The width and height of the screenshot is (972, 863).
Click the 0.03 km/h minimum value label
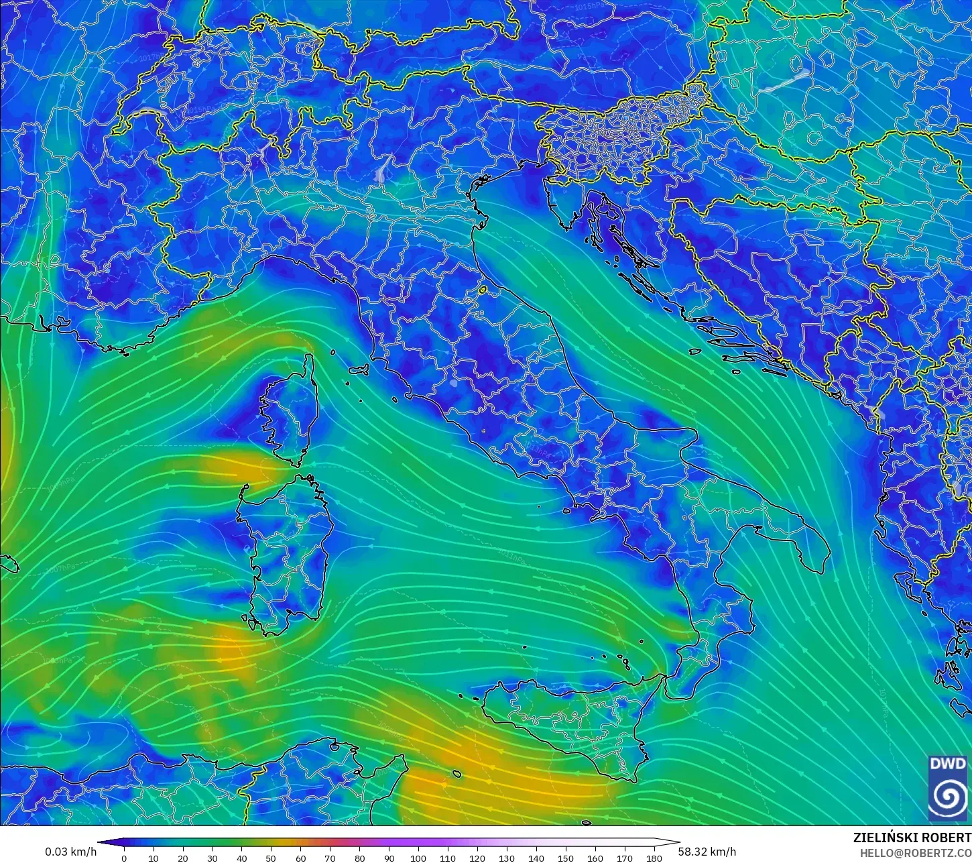(x=70, y=852)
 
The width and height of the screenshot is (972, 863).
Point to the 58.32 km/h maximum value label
(x=707, y=852)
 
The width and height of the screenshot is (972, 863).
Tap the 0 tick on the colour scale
(x=124, y=858)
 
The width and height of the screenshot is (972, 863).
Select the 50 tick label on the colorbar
(x=271, y=858)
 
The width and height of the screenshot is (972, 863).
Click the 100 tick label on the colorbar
(x=418, y=858)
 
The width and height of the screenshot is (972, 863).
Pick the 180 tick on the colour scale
(x=654, y=858)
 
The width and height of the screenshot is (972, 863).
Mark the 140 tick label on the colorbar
(x=536, y=858)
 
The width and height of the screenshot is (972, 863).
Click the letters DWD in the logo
(x=947, y=764)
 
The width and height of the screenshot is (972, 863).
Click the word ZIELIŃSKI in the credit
(x=882, y=838)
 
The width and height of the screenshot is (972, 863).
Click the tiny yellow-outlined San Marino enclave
(x=482, y=290)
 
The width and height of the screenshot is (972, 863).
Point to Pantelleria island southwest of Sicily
(x=457, y=773)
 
